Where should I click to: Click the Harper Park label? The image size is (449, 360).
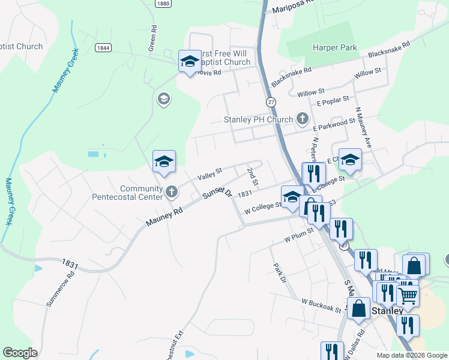[x=335, y=47]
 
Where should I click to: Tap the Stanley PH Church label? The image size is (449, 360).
[x=258, y=119]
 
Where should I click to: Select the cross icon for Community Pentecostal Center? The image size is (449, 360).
[x=172, y=192]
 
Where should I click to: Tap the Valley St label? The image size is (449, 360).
[x=209, y=175]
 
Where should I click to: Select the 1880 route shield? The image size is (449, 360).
[x=162, y=4]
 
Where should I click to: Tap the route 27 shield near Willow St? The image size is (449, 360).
[x=271, y=102]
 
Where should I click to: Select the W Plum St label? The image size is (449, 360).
[x=299, y=233]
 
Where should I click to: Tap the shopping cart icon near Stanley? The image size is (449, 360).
[x=408, y=294]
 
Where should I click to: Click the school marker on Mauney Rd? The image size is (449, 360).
[x=164, y=161]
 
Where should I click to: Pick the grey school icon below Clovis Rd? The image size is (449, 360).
[x=163, y=98]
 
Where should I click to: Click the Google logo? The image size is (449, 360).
[x=20, y=353]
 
